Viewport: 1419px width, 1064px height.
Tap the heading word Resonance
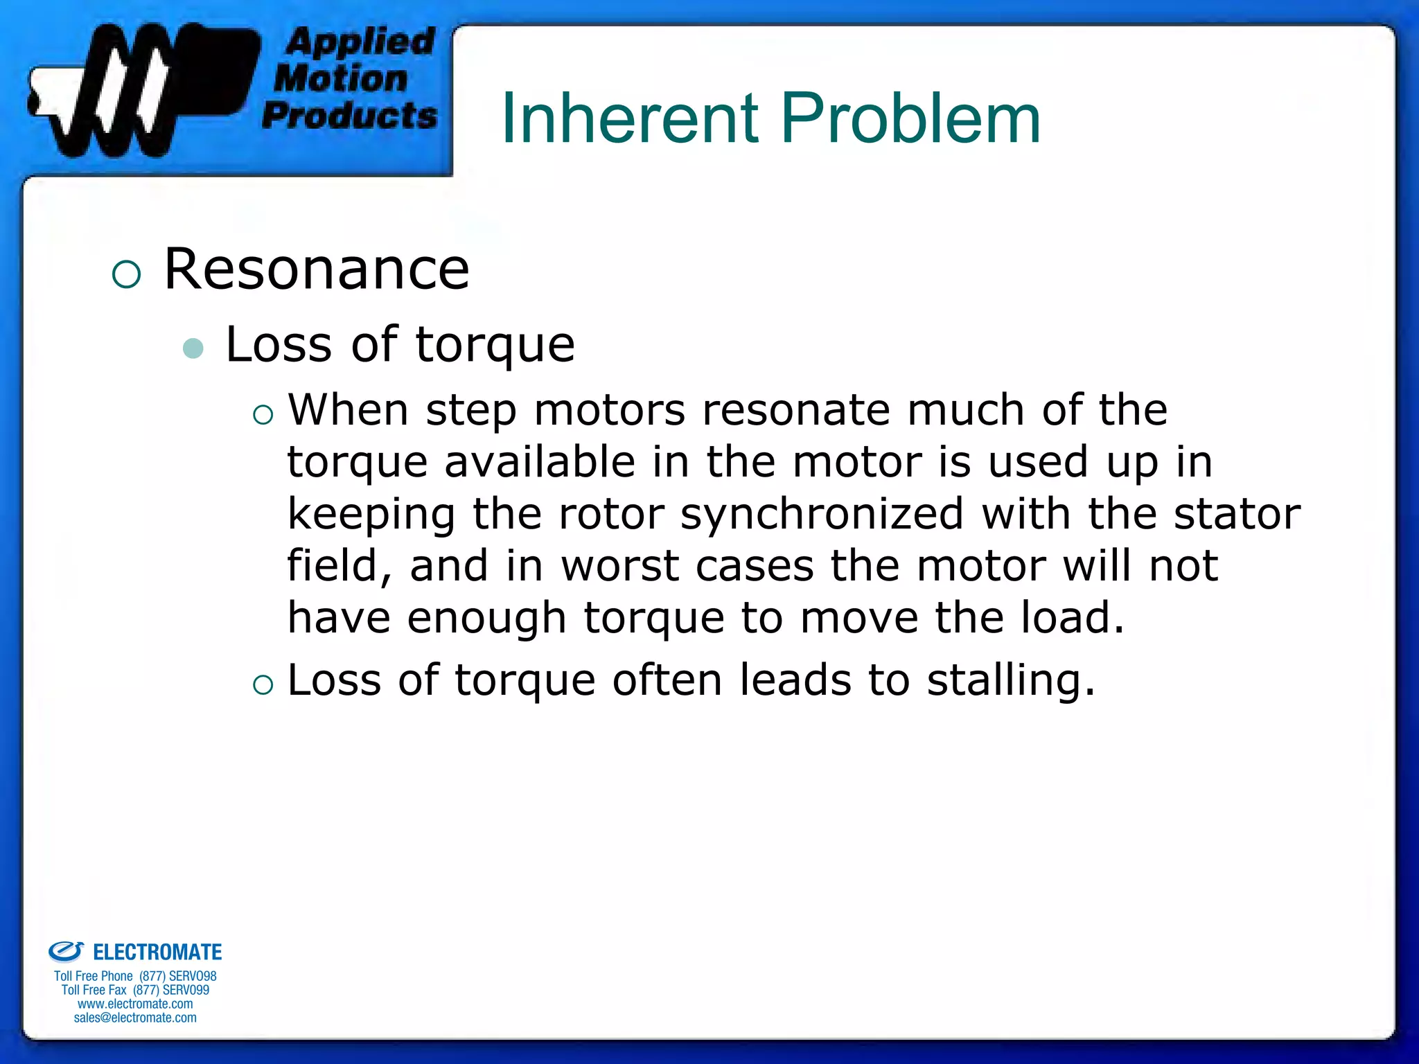pos(317,269)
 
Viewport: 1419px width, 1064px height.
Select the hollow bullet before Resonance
pos(126,274)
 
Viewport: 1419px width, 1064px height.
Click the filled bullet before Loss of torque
pos(193,348)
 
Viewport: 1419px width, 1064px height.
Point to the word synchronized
pos(822,514)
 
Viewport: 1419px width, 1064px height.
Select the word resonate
pos(796,410)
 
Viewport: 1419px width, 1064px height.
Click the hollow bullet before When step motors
pos(263,416)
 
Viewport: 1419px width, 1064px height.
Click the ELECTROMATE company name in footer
pos(157,952)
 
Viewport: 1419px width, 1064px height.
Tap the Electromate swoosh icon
pos(66,951)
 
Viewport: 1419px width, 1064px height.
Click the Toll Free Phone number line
pos(135,976)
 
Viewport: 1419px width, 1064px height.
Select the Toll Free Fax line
pos(135,990)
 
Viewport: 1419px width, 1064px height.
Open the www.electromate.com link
pos(135,1004)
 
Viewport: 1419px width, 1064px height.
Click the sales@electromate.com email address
pos(135,1018)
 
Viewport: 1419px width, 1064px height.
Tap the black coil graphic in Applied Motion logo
pos(139,90)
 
